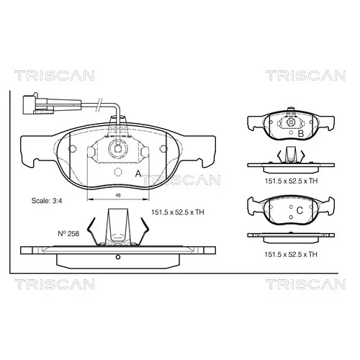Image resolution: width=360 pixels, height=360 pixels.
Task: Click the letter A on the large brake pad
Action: coord(138,174)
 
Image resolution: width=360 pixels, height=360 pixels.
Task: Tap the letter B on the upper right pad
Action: coord(300,134)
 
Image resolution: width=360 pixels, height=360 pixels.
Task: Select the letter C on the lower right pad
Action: coord(300,210)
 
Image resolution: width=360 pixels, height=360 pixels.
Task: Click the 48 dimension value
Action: coord(118,195)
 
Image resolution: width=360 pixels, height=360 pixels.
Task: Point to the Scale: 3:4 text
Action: coord(47,201)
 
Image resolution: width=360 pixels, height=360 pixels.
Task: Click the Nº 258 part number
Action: coord(68,233)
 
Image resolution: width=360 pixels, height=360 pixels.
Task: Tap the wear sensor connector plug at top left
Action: coord(38,104)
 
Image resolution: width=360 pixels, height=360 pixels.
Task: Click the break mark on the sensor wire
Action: coord(99,104)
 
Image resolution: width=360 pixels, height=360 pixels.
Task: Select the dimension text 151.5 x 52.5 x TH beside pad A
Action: coord(177,212)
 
